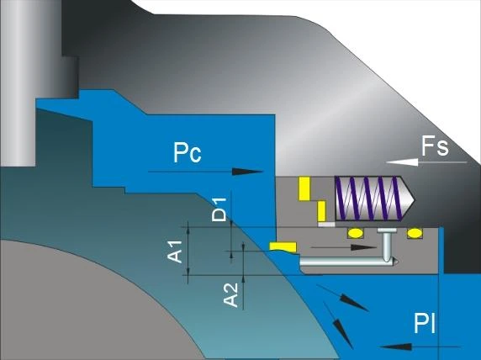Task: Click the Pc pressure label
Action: [x=188, y=152]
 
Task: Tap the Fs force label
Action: [x=435, y=146]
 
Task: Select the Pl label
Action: [x=425, y=323]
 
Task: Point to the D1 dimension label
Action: [x=219, y=210]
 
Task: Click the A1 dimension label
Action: [x=175, y=252]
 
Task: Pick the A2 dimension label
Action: [x=230, y=295]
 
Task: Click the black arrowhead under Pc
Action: [x=247, y=172]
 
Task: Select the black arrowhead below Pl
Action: [x=396, y=347]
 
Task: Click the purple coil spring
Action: [x=368, y=199]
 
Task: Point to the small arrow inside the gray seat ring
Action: [x=344, y=247]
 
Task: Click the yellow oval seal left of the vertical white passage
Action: [x=355, y=233]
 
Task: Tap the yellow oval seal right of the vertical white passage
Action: [x=415, y=233]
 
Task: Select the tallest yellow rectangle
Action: [x=304, y=188]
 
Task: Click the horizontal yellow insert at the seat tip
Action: [x=283, y=246]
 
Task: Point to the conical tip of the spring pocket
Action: [x=413, y=199]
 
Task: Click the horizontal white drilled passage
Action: [x=349, y=262]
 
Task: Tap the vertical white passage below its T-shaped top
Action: [x=387, y=246]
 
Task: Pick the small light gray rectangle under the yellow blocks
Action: [x=326, y=225]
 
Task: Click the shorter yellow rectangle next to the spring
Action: [x=321, y=211]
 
